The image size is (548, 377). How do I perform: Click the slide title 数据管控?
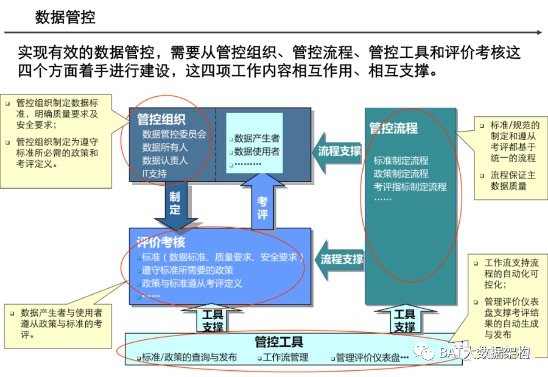click(65, 17)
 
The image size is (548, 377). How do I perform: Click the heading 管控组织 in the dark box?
click(161, 120)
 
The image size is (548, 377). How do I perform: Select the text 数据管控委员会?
click(174, 134)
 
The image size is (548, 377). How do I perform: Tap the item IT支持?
click(154, 173)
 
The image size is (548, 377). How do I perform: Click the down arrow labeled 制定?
click(175, 204)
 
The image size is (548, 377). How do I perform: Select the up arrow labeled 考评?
click(262, 203)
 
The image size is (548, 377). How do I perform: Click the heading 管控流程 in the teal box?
click(393, 129)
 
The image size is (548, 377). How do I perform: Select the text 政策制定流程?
click(401, 174)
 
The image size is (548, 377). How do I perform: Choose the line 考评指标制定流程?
click(410, 186)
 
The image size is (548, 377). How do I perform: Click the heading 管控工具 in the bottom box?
click(279, 342)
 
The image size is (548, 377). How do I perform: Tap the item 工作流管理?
click(286, 358)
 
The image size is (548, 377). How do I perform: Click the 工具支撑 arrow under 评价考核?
click(213, 320)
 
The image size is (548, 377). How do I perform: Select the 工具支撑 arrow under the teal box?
click(404, 320)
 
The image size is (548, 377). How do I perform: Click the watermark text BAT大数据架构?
click(483, 353)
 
